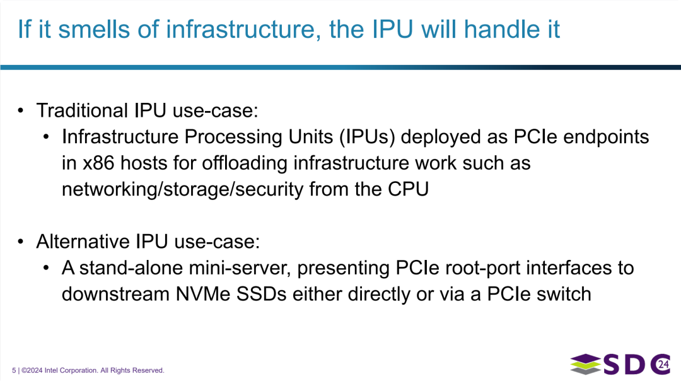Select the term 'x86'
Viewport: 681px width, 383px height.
(x=97, y=163)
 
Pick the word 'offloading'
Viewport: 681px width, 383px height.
(x=245, y=163)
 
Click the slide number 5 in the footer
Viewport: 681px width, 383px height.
(x=14, y=370)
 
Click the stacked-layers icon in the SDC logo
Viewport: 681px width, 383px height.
(x=586, y=365)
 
